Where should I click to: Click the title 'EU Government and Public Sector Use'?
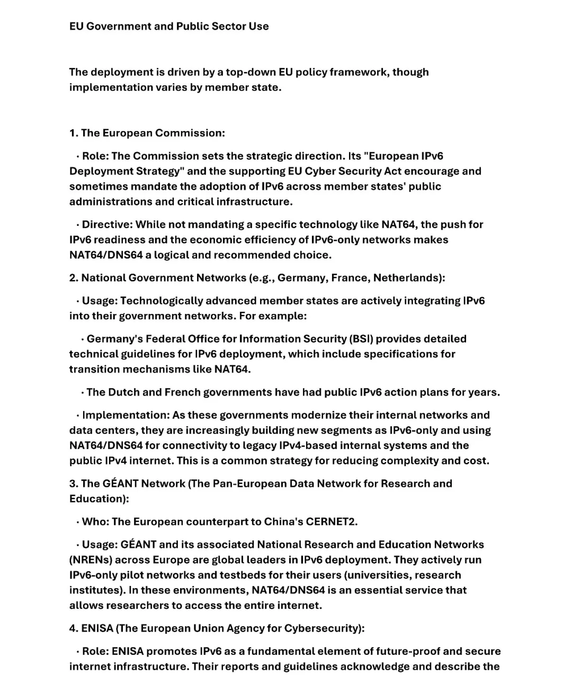point(169,26)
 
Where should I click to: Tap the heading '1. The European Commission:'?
point(147,133)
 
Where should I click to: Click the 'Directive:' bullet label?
point(106,224)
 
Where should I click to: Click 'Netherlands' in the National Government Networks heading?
point(409,278)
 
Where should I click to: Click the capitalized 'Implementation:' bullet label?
point(125,415)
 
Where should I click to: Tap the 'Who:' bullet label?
point(95,522)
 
